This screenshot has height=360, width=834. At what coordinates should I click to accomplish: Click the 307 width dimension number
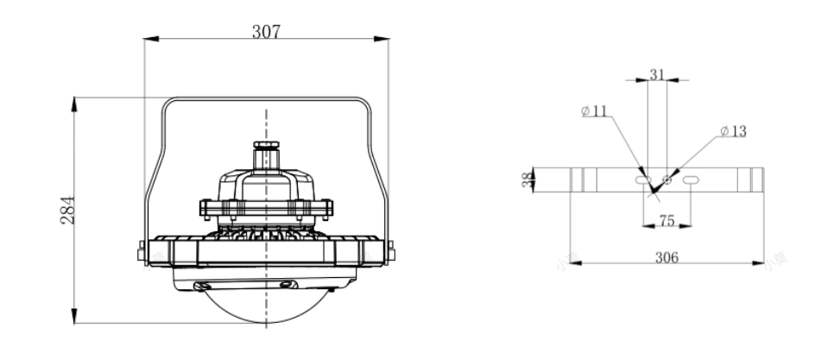266,32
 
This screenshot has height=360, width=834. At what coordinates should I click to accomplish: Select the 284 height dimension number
68,211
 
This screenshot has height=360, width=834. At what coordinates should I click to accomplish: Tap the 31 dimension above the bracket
657,75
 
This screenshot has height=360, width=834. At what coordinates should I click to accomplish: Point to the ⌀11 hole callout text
594,111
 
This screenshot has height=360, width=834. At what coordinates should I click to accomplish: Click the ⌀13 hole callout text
734,131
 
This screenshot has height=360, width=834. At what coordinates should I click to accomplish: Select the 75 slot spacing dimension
667,220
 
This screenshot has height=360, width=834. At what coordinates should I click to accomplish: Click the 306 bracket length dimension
667,258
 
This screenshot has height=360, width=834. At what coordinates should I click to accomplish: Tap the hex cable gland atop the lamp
266,145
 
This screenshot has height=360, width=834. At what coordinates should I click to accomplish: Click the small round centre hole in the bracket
667,180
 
